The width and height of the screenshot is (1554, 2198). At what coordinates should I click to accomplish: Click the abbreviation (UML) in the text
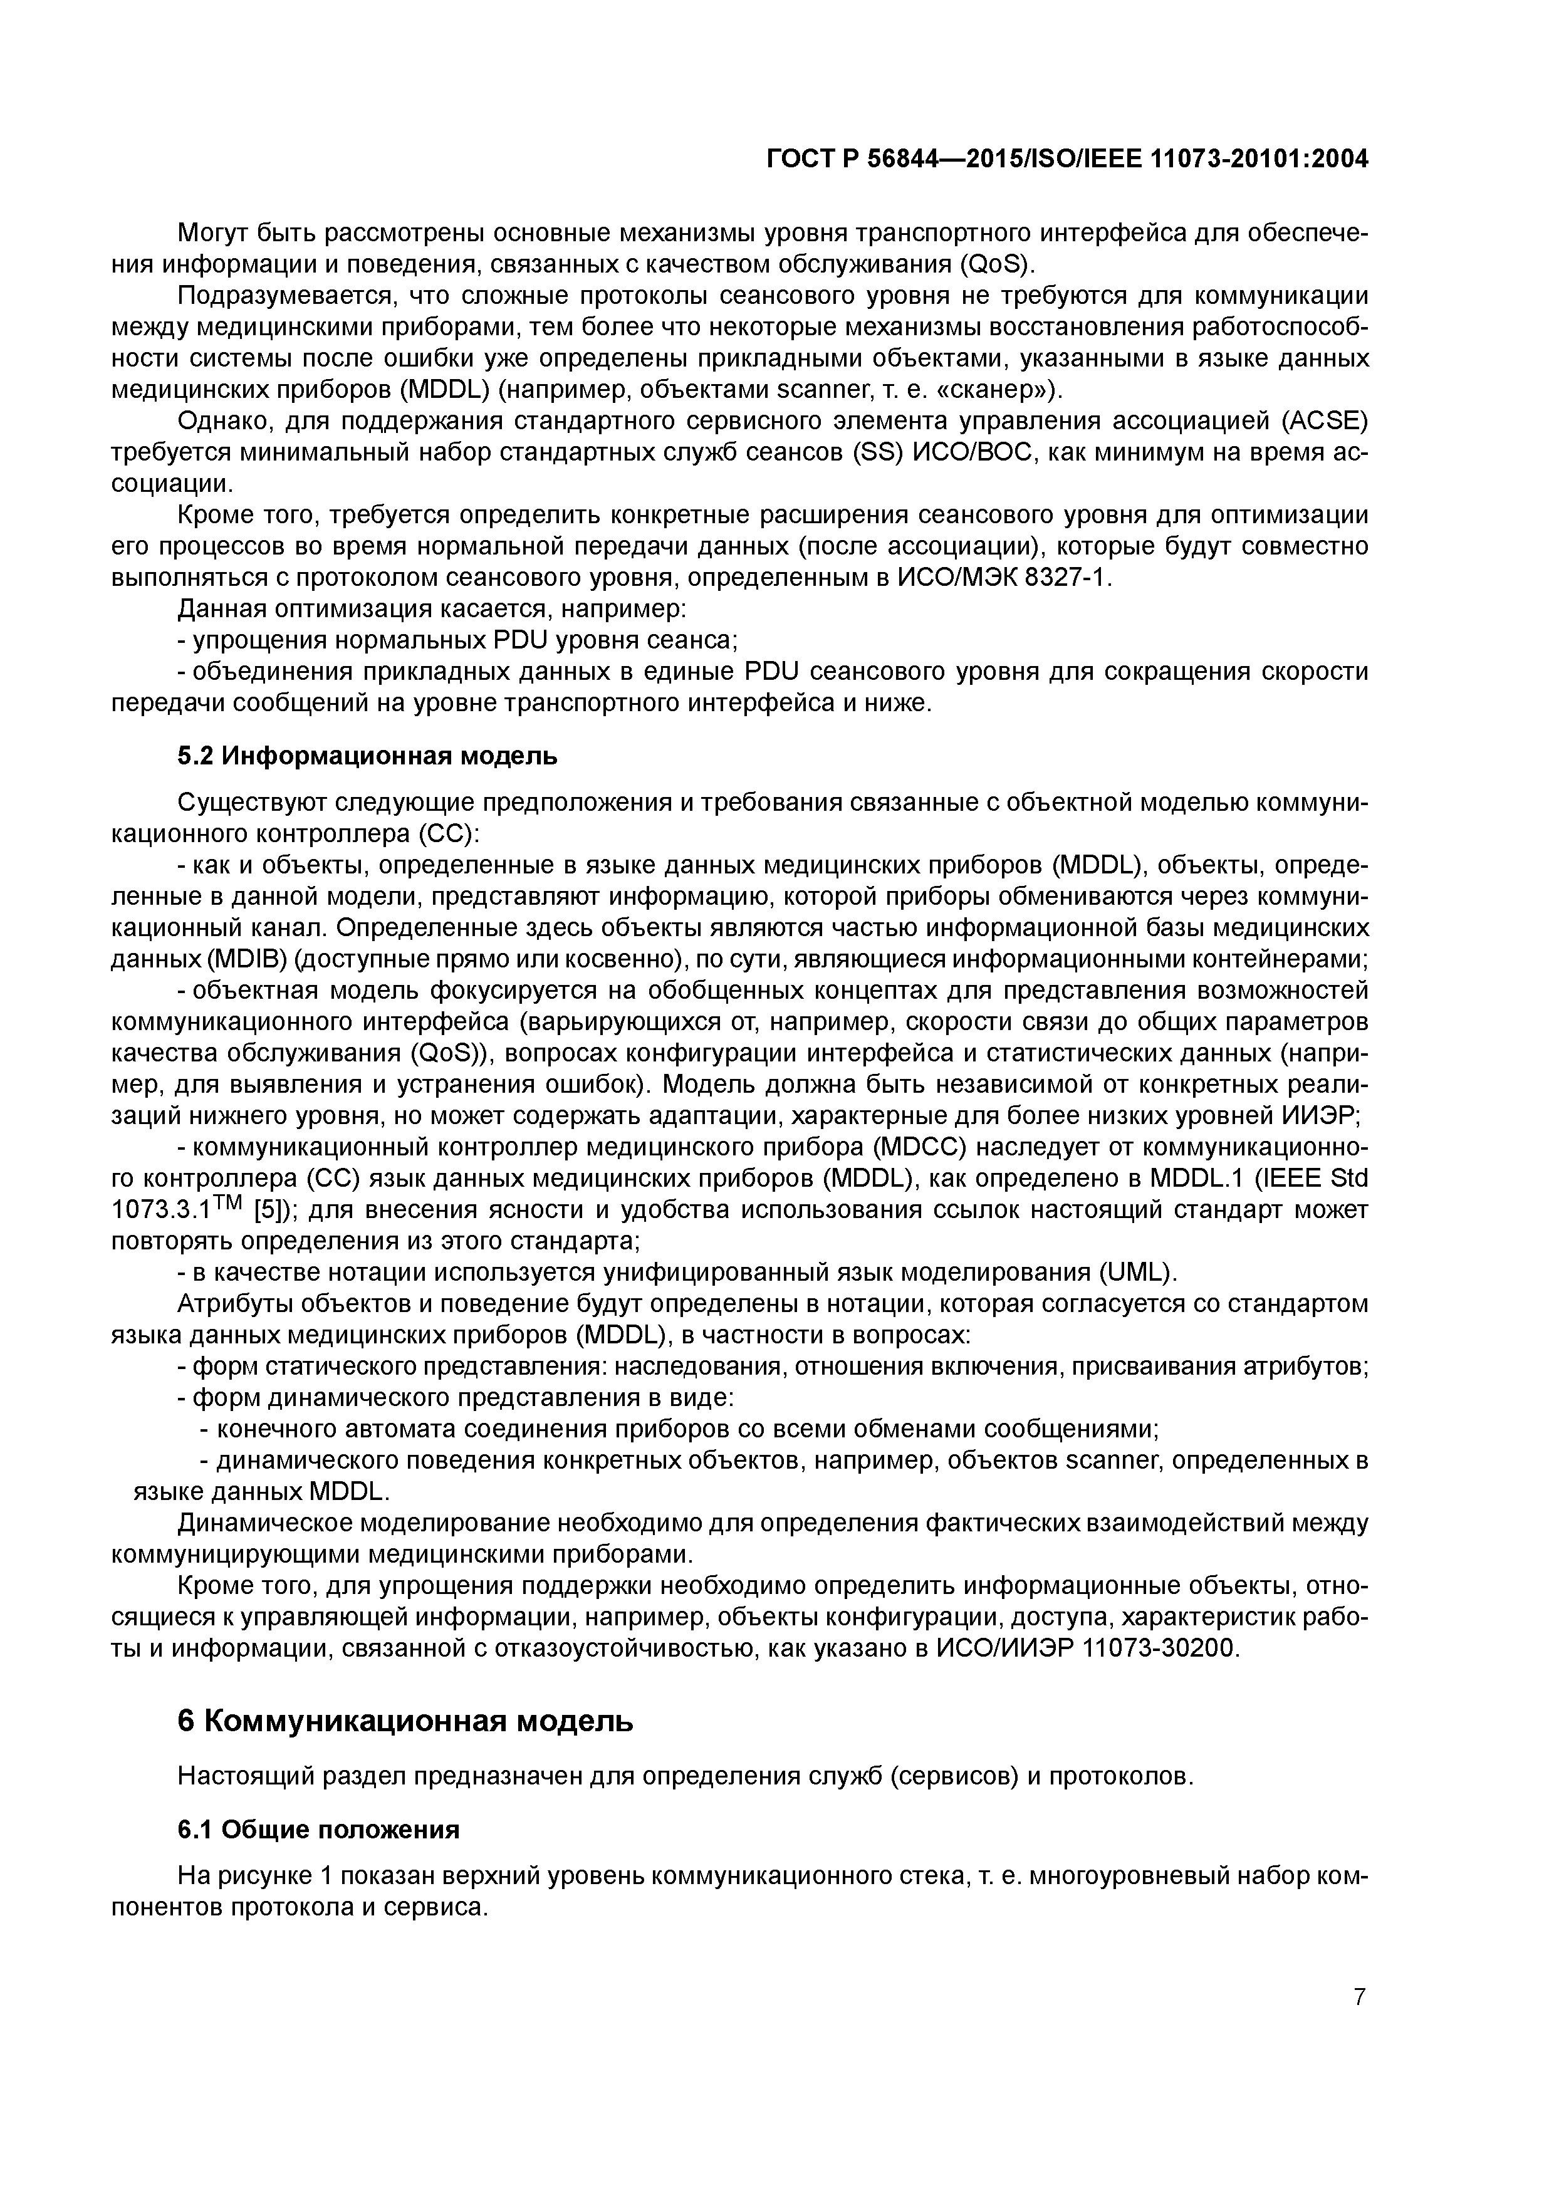coord(1137,1273)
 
